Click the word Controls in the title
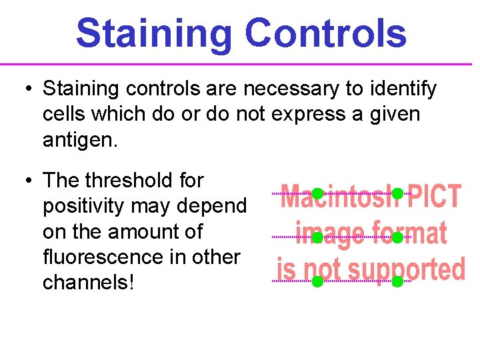pyautogui.click(x=325, y=33)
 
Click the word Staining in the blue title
pyautogui.click(x=155, y=33)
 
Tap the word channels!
pyautogui.click(x=88, y=282)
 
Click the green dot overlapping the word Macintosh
pyautogui.click(x=318, y=194)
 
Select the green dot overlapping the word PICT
pyautogui.click(x=397, y=194)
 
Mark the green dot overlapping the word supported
pyautogui.click(x=397, y=281)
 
